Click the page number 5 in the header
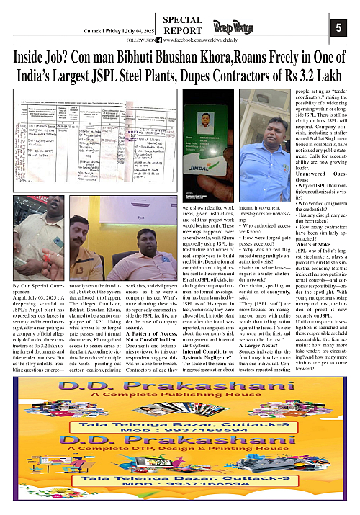(x=338, y=28)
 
